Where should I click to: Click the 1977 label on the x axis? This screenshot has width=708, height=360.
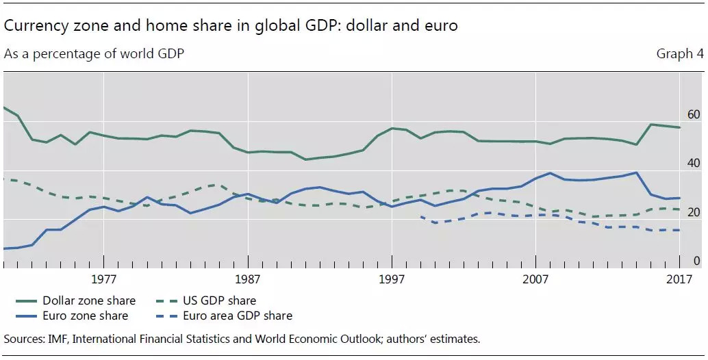103,279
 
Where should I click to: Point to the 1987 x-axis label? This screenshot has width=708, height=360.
247,279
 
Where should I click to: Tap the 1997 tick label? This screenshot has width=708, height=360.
392,279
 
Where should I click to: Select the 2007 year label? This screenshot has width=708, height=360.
535,279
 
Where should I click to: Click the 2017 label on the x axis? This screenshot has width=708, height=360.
679,279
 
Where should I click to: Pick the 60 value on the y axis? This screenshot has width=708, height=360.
693,114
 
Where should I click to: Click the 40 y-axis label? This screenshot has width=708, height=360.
693,164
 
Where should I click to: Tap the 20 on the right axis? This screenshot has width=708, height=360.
693,213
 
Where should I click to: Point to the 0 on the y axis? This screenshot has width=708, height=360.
696,261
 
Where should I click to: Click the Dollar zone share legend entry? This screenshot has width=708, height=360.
89,300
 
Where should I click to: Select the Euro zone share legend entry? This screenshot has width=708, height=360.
85,316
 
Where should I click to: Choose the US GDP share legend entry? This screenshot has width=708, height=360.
219,300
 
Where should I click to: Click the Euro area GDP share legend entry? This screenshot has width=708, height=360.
237,316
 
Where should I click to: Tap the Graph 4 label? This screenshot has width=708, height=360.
679,53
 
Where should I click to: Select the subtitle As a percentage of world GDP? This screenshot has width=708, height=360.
94,53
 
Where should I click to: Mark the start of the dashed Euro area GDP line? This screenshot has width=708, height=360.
420,216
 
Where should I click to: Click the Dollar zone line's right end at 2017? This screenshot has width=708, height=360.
679,127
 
